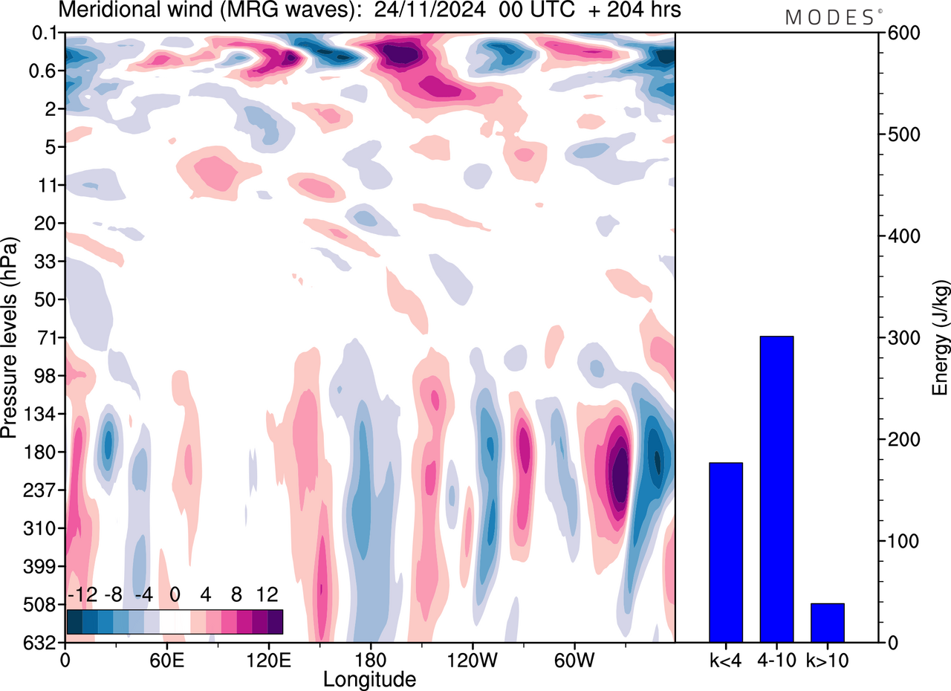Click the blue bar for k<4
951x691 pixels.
tap(726, 552)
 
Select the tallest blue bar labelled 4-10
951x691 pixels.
tap(776, 489)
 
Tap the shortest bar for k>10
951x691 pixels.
tap(827, 623)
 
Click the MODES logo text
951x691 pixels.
tap(829, 18)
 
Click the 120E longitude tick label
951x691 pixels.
tap(267, 659)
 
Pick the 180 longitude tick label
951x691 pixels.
tap(369, 659)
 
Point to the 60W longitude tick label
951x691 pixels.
tap(573, 659)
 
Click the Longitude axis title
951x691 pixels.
tap(369, 678)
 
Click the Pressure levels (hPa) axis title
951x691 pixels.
tap(10, 338)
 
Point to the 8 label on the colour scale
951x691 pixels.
tap(237, 595)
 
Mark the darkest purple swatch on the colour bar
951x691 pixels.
tap(275, 621)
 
